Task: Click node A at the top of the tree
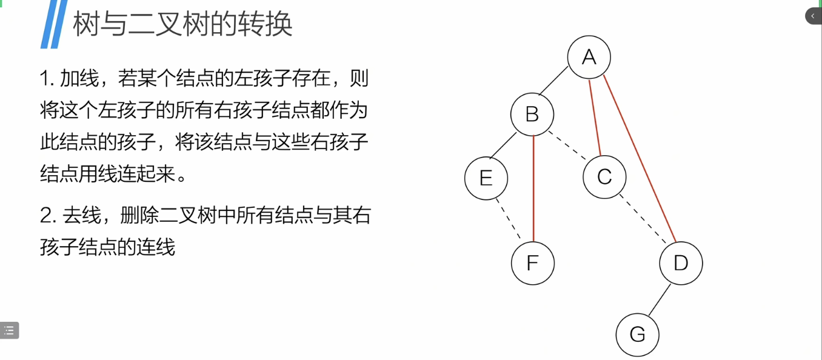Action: pos(589,57)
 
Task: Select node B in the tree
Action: pos(532,114)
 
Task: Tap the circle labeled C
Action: pos(604,177)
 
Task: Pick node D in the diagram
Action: pos(681,263)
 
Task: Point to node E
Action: pos(486,178)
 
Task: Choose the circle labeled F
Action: pos(532,263)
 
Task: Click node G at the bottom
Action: pos(637,334)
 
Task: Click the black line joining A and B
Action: pos(553,81)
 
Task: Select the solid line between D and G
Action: pos(660,299)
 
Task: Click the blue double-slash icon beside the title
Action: pos(53,24)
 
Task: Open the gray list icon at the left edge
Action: pos(9,330)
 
